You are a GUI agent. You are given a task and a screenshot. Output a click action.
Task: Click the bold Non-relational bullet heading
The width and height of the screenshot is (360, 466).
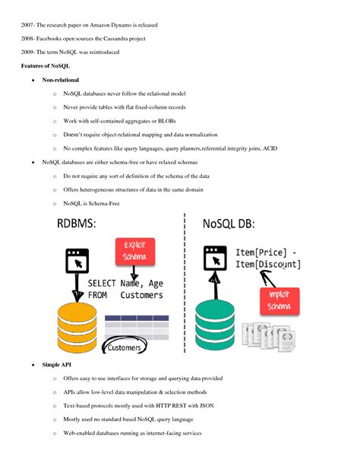coord(61,81)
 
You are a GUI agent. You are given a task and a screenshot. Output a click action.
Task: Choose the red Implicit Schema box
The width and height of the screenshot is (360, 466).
coord(276,300)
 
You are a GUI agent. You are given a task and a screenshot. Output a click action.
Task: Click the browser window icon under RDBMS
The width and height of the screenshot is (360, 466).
coord(76,261)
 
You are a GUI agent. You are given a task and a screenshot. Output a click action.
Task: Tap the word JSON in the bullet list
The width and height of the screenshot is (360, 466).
coord(207,406)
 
